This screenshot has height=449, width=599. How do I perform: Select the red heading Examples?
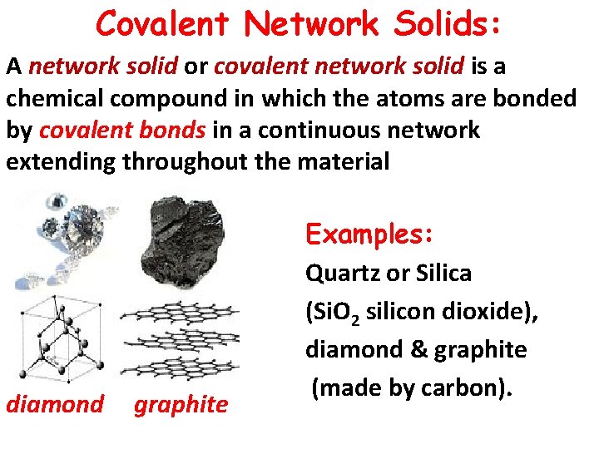tap(369, 234)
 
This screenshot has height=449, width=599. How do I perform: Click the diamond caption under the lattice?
tap(55, 405)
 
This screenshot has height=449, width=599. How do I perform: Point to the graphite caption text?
tap(181, 405)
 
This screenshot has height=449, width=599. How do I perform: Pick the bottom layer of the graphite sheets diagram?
tap(179, 363)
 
